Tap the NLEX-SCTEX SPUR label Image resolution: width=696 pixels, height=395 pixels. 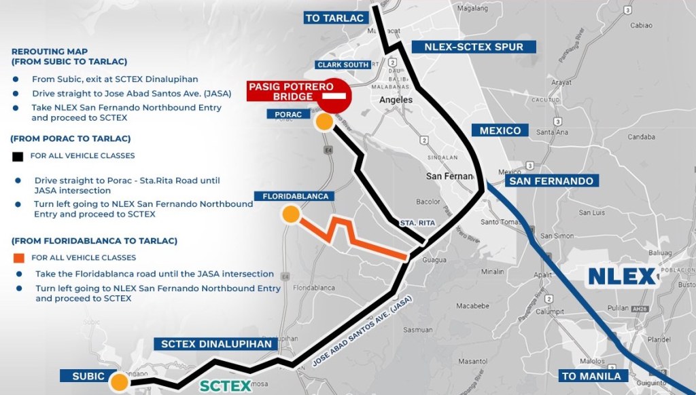tap(474, 47)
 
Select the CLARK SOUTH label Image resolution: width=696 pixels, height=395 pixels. tap(343, 65)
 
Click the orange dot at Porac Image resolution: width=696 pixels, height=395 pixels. tap(324, 122)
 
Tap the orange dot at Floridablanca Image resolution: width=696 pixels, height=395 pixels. tap(291, 214)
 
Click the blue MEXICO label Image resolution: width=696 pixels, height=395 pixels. tap(500, 130)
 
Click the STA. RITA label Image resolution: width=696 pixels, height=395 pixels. tap(417, 223)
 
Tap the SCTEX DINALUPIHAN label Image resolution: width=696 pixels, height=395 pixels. tap(217, 344)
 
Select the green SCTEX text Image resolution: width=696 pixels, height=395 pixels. tap(226, 386)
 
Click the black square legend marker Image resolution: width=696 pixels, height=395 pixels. tap(18, 156)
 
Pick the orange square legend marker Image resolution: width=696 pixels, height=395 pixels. tap(18, 258)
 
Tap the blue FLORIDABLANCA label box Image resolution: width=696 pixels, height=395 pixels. tap(296, 196)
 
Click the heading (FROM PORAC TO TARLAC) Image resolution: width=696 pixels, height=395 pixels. tap(70, 138)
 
